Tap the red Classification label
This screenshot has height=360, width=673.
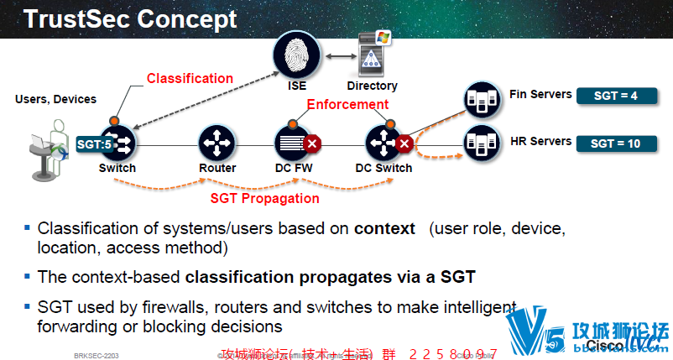[x=190, y=78]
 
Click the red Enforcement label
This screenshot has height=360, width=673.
[x=347, y=104]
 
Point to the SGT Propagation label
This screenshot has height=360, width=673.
[x=264, y=198]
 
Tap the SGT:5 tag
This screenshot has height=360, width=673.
[x=95, y=143]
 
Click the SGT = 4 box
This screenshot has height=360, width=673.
[x=615, y=96]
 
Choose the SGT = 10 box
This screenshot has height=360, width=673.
[x=615, y=143]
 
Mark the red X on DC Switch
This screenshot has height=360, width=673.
[x=404, y=143]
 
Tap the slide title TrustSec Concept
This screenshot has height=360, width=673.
[x=130, y=18]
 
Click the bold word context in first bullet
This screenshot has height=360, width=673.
[x=384, y=228]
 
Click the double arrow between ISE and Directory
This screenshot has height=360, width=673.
[x=337, y=55]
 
